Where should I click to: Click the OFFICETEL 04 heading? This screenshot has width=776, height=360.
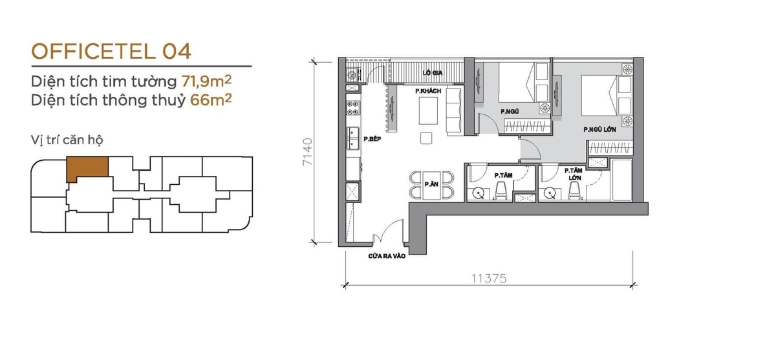111,51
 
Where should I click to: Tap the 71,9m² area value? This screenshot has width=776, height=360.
206,81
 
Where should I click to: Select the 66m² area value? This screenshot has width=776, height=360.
211,100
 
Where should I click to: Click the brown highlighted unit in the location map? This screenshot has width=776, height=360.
87,168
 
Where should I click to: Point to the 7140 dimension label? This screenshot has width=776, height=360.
308,152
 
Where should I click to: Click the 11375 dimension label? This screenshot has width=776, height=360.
489,279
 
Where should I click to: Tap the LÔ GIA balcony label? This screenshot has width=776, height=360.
433,72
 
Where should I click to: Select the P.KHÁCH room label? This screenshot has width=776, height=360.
428,91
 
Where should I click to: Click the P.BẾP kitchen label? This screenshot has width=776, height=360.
372,139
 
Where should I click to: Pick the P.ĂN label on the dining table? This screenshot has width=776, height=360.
431,184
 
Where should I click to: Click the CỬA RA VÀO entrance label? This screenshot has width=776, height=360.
387,256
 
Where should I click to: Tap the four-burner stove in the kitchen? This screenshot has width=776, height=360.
353,108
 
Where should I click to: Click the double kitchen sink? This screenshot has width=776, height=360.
353,138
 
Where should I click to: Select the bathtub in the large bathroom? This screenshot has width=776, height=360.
622,180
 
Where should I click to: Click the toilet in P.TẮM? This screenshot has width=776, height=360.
501,191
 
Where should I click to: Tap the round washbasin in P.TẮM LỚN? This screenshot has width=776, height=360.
550,193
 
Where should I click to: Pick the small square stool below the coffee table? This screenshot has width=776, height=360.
426,138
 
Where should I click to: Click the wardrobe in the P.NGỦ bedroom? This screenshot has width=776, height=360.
527,126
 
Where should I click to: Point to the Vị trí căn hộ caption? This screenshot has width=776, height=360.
67,140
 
